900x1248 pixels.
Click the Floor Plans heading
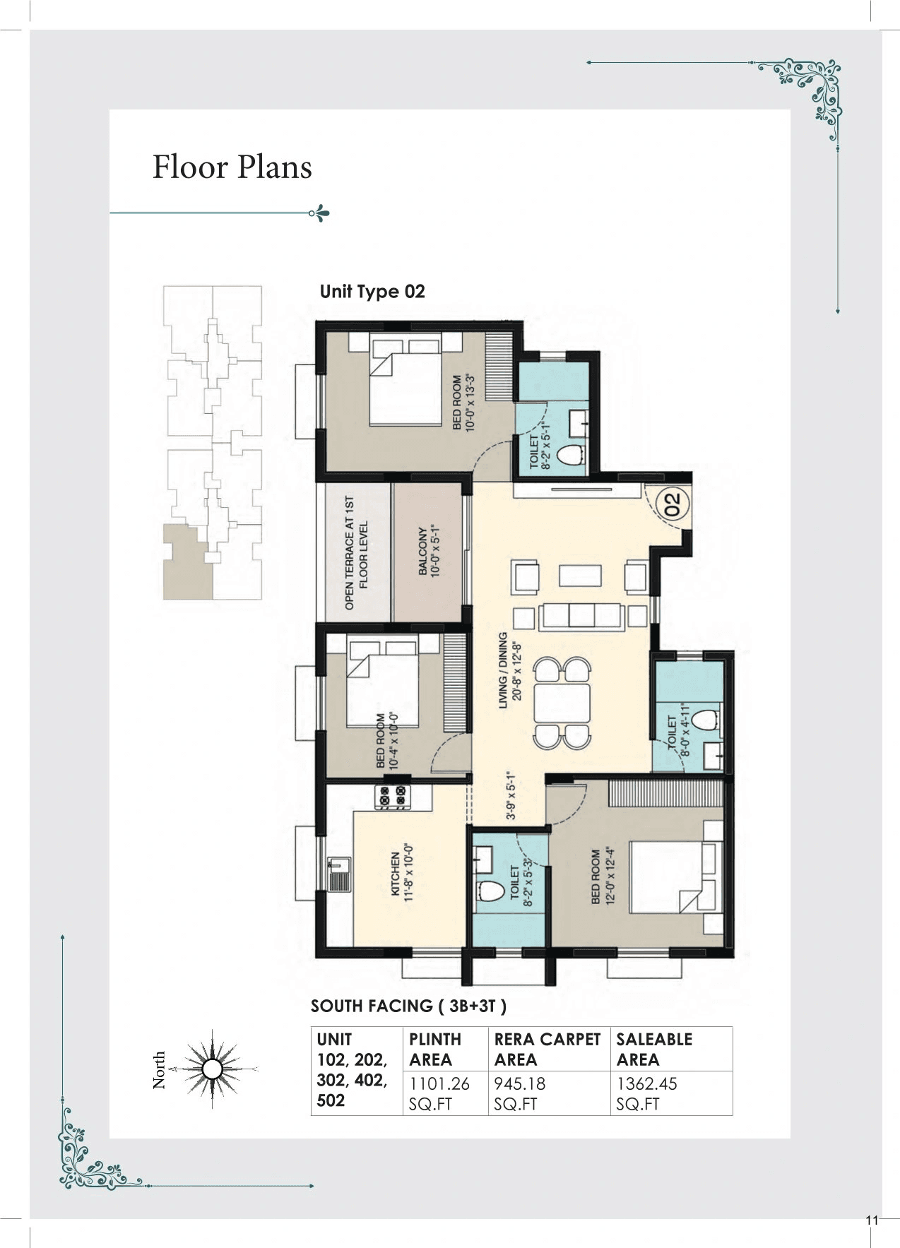tap(232, 167)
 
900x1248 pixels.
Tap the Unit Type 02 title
tap(372, 292)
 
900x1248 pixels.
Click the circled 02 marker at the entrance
tap(672, 504)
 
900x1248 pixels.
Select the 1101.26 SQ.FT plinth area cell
tap(439, 1093)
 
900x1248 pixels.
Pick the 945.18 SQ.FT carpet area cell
tap(520, 1093)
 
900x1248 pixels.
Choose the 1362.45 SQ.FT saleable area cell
tap(646, 1093)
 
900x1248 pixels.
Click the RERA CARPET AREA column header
tap(547, 1049)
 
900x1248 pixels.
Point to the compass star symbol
tap(212, 1069)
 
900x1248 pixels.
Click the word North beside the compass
tap(160, 1069)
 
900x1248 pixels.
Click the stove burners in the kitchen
tap(392, 796)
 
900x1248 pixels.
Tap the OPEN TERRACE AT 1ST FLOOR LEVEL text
tap(356, 552)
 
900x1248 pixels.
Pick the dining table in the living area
tap(562, 703)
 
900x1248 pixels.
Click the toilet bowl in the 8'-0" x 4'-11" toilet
tap(701, 720)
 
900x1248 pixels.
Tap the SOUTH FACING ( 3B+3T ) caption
tap(408, 1006)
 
